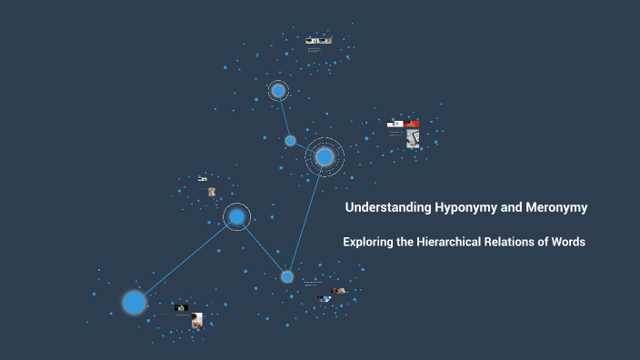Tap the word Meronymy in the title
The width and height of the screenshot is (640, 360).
point(556,207)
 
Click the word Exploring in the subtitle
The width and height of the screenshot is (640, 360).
point(369,242)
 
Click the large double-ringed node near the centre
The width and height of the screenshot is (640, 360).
point(325,157)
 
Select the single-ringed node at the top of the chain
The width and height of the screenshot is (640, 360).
point(278,91)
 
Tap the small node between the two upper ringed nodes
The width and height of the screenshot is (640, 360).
point(291,141)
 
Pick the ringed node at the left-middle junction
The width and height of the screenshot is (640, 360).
point(236,216)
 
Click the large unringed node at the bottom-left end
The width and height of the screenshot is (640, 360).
point(135,302)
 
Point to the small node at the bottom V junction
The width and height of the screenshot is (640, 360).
point(287,276)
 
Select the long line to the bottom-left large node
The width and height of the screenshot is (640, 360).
point(185,259)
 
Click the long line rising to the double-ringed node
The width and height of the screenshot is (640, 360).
point(306,216)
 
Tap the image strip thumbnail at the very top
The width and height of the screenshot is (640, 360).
point(318,41)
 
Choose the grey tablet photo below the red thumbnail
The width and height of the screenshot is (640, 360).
point(412,139)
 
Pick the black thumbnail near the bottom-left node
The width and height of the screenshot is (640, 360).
point(181,308)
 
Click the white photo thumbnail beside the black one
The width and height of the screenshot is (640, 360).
point(196,318)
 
